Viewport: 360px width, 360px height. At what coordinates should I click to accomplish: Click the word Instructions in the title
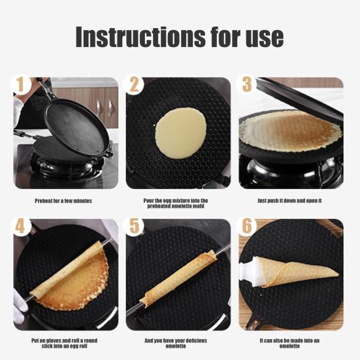[x=140, y=37]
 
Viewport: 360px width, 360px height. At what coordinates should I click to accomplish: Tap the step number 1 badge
[x=21, y=85]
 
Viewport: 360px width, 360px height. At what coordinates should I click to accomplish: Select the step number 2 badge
[x=134, y=85]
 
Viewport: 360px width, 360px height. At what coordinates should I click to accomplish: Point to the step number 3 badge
[x=247, y=85]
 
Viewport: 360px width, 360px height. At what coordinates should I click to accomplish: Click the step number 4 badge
[x=21, y=226]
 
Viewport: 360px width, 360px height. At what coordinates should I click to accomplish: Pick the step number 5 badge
[x=134, y=226]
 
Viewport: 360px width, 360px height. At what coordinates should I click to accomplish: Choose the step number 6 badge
[x=247, y=226]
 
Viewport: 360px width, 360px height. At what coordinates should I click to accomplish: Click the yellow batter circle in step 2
[x=181, y=133]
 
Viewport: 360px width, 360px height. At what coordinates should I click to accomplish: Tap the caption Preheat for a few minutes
[x=63, y=201]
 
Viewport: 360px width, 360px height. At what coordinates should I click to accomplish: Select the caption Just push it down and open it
[x=289, y=201]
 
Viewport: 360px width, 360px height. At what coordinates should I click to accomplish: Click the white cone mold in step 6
[x=249, y=272]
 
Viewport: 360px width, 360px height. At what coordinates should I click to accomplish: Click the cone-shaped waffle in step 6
[x=297, y=271]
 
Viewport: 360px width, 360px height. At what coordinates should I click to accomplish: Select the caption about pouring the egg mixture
[x=176, y=203]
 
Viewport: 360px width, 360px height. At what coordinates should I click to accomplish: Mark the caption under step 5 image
[x=176, y=343]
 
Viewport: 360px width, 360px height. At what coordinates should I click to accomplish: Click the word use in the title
[x=266, y=38]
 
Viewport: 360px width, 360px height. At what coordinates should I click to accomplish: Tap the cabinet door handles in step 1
[x=105, y=106]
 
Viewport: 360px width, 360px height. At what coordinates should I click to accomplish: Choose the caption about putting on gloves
[x=64, y=343]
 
